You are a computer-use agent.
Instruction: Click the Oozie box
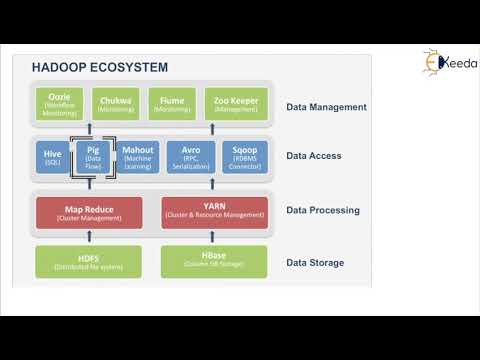[x=59, y=105]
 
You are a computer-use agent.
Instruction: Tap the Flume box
[x=172, y=105]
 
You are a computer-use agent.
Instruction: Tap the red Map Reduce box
[x=88, y=212]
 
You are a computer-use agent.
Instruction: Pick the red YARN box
[x=215, y=212]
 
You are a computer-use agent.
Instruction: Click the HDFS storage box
[x=88, y=261]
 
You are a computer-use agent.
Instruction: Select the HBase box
[x=215, y=261]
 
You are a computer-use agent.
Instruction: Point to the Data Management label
[x=326, y=107]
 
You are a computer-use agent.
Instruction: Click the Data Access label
[x=314, y=156]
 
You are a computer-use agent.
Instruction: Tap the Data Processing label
[x=322, y=211]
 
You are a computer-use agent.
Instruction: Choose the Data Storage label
[x=315, y=263]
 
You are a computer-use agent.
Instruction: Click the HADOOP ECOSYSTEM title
[x=100, y=67]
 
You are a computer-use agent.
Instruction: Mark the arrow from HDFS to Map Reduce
[x=88, y=237]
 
